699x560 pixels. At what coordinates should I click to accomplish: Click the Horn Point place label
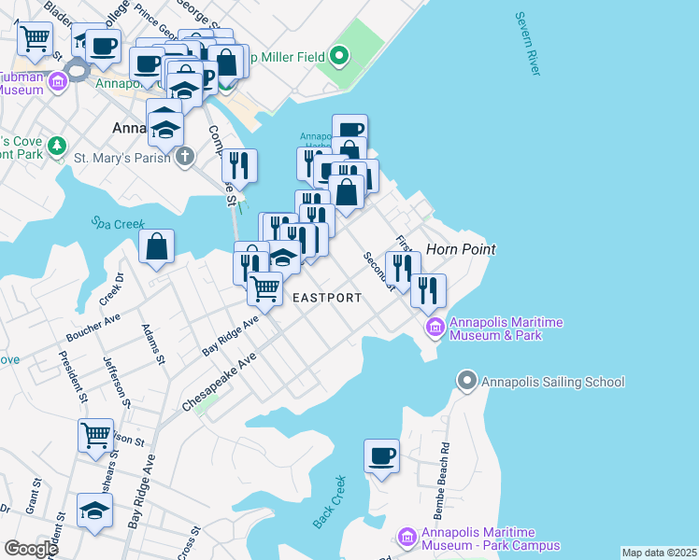coord(460,249)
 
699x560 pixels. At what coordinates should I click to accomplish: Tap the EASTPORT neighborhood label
coord(327,298)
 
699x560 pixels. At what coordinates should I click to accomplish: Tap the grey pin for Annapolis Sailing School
coord(466,381)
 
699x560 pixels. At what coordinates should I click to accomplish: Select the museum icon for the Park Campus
coord(407,538)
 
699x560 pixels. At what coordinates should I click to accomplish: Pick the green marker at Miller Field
coord(339,58)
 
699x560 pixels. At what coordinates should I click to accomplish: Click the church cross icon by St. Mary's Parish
coord(186,156)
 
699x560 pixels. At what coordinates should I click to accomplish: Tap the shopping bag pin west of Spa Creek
coord(157,246)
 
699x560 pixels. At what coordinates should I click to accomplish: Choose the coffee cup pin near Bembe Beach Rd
coord(381,456)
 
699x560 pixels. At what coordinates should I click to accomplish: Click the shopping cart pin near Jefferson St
coord(95,435)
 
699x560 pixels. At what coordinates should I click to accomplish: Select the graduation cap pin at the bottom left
coord(94,511)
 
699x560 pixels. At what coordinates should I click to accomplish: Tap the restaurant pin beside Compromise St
coord(239,165)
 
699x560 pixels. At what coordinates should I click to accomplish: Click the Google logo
coord(31,549)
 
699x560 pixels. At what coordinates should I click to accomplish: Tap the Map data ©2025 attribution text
coord(658,553)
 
